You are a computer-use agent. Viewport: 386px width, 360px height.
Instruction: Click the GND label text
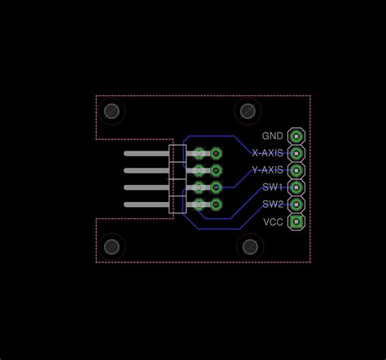[272, 136]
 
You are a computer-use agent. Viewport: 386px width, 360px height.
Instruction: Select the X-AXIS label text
[267, 153]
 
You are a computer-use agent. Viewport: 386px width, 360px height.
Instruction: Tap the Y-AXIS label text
[268, 170]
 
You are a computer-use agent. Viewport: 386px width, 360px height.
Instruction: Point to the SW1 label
[273, 187]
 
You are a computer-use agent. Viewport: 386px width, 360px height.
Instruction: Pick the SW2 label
[273, 204]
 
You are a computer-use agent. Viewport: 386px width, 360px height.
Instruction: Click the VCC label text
[273, 222]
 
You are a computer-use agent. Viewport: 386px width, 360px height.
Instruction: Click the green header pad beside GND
[296, 136]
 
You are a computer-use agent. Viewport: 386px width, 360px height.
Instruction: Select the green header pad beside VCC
[296, 222]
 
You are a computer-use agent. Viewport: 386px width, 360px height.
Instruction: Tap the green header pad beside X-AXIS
[296, 153]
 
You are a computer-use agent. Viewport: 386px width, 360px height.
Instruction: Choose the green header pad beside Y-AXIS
[296, 170]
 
